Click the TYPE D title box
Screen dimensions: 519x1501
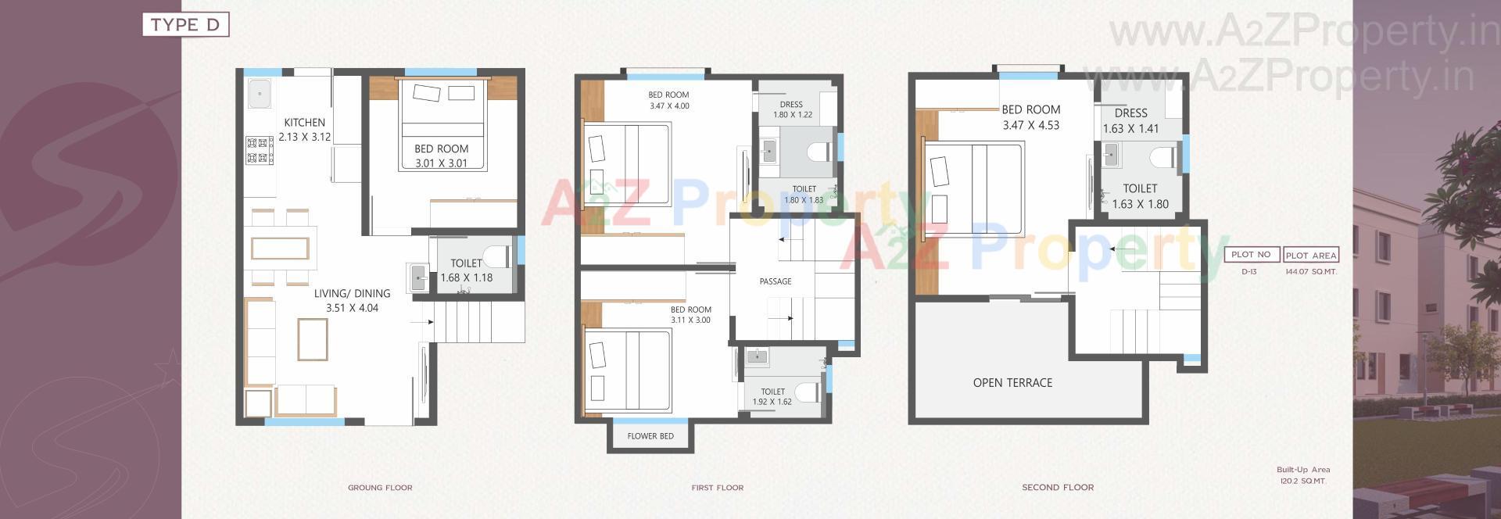point(185,25)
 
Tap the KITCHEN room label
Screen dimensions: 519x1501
point(304,123)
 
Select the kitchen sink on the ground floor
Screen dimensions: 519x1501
point(259,94)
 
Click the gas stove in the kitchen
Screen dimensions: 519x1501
point(260,151)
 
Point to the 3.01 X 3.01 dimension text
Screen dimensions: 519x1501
point(441,163)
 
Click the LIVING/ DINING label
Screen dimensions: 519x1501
point(352,294)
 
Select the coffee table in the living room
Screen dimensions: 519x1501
point(312,339)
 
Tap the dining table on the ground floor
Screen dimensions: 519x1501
point(280,249)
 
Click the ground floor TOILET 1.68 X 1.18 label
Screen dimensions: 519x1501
point(466,270)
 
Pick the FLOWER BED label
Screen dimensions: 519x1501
point(650,436)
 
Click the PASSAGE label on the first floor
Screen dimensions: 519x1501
point(776,281)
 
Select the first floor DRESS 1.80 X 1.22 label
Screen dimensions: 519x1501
point(792,109)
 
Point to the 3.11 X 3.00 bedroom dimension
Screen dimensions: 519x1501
point(690,320)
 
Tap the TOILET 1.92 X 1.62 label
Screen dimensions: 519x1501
point(772,397)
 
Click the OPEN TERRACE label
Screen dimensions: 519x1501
point(1012,383)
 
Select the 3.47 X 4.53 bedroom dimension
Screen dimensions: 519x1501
point(1031,125)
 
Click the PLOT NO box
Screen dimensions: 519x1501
point(1251,255)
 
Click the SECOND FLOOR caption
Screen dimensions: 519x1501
point(1058,488)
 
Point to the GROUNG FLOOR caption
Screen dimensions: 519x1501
point(380,488)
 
